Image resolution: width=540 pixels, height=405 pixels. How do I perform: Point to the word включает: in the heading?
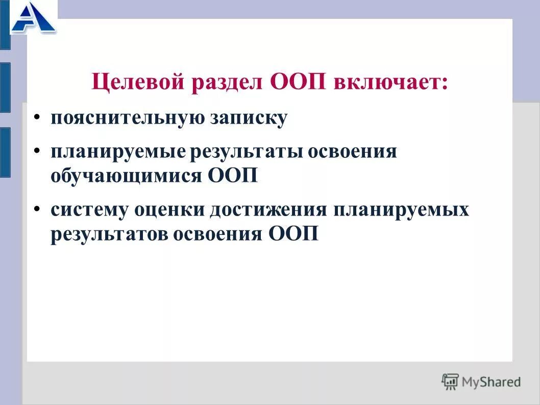click(x=391, y=82)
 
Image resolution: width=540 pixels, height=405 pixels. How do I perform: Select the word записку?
click(x=248, y=118)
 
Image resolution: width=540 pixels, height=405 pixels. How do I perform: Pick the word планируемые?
click(x=117, y=152)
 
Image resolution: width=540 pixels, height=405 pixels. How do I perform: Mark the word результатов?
click(x=107, y=234)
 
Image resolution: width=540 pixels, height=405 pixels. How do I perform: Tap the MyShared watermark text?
click(x=491, y=382)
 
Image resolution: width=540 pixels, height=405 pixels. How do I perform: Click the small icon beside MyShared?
click(x=450, y=382)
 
